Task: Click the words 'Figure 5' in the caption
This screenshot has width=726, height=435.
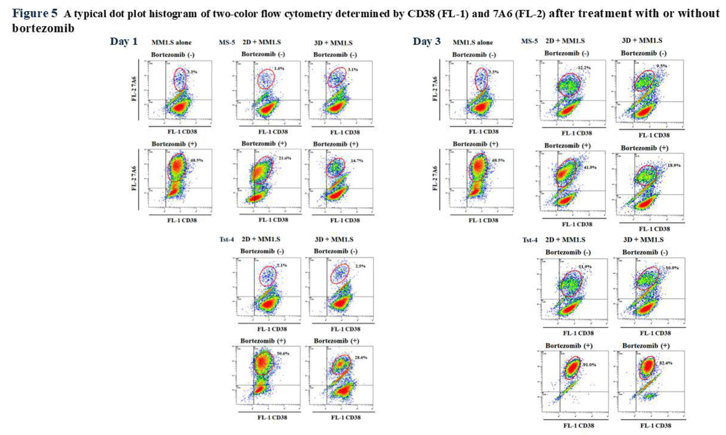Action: pos(35,13)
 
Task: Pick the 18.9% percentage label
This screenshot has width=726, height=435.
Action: pos(674,165)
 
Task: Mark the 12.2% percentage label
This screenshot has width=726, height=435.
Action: pos(584,68)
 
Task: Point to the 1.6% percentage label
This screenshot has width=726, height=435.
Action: pos(279,69)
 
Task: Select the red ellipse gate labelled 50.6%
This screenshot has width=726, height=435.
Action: pos(264,363)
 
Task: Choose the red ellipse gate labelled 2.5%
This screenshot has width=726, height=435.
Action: pos(340,273)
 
